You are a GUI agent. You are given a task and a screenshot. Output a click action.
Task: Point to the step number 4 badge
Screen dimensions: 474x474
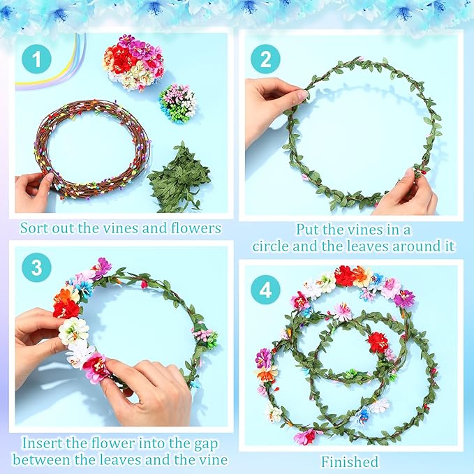tap(265, 290)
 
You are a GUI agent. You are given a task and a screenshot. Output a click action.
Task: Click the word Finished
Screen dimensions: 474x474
tap(350, 461)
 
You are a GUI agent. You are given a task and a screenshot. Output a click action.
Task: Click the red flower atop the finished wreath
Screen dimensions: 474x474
tap(344, 276)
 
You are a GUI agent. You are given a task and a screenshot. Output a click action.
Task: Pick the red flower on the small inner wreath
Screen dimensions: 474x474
tap(378, 341)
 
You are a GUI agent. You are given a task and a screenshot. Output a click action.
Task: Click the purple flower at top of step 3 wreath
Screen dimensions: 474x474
tap(103, 267)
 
